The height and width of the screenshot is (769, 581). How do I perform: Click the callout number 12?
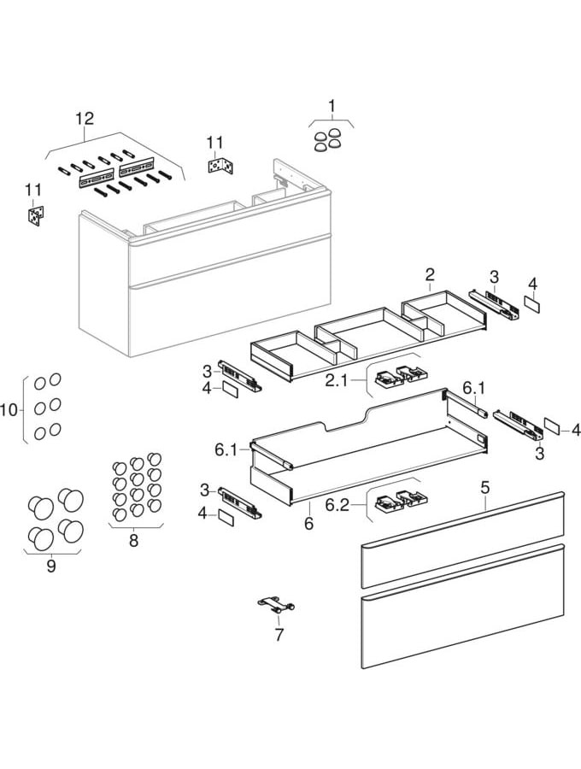[84, 119]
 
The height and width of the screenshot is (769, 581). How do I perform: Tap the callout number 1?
[332, 106]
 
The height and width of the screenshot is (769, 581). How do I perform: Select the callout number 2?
[430, 274]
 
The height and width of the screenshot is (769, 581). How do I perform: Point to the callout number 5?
[484, 489]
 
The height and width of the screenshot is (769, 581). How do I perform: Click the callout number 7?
[279, 635]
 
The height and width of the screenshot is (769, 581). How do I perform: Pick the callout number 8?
[132, 540]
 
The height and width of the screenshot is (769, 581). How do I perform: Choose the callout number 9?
[50, 566]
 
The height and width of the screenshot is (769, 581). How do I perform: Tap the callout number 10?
[9, 411]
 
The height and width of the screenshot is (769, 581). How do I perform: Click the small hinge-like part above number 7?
[277, 605]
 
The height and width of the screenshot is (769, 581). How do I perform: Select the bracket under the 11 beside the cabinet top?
[220, 164]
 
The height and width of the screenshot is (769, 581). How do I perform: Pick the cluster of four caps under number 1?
[329, 138]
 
